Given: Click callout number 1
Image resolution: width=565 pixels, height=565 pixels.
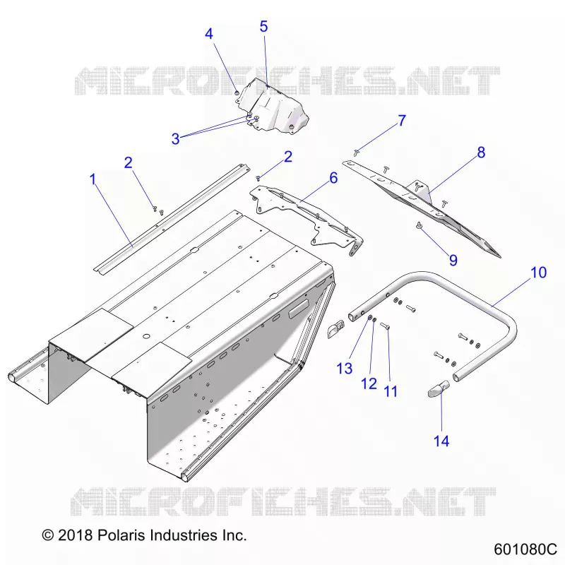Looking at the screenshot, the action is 93,179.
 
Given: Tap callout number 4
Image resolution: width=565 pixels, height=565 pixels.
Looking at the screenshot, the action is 209,34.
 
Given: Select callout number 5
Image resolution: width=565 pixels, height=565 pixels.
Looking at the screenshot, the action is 263,26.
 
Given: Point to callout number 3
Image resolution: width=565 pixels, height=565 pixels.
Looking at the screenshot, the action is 175,138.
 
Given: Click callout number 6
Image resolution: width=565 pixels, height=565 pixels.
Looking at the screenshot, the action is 333,178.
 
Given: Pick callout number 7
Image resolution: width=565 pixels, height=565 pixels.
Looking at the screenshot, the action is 402,120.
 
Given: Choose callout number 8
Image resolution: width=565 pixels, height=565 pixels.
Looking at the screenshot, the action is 482,153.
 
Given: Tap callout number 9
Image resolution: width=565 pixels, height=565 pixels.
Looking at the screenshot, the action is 453,260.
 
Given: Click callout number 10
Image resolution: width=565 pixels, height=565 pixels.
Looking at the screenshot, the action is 539,273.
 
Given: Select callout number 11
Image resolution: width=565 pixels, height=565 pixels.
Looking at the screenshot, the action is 391,391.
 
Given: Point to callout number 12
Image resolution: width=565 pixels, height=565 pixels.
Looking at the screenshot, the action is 369,383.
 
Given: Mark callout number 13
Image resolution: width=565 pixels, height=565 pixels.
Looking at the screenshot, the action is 345,368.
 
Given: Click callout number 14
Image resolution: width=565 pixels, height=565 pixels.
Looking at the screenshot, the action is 441,441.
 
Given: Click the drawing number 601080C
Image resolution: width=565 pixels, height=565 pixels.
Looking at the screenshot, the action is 525,549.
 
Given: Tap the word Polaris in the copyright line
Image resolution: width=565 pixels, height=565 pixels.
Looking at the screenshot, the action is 121,535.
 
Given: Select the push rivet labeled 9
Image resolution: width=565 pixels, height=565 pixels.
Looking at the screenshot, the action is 419,225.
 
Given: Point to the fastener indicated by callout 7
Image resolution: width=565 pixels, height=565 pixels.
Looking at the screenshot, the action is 357,153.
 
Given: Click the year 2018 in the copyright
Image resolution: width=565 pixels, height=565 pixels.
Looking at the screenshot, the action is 76,535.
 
